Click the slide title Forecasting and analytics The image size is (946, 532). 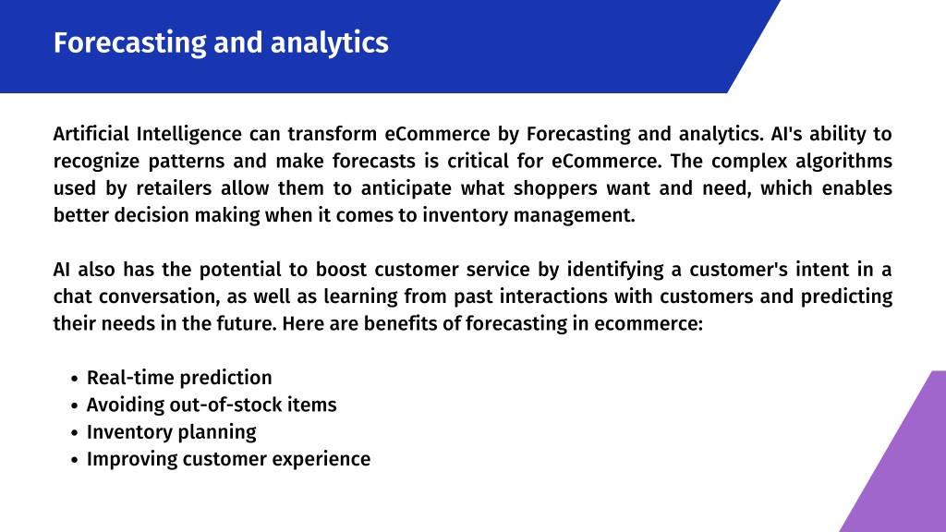(221, 42)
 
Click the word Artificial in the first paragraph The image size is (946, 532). (91, 133)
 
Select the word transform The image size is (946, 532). (332, 133)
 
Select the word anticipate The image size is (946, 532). (406, 188)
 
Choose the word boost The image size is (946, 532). (341, 269)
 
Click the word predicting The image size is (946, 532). (846, 296)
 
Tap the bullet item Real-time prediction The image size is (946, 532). (179, 378)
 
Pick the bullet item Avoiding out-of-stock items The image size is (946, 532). (212, 405)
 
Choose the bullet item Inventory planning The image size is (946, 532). (171, 432)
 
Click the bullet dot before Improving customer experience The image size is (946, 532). (74, 460)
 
